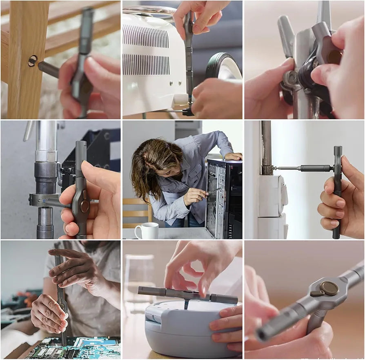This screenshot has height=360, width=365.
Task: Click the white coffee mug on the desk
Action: pyautogui.click(x=146, y=231)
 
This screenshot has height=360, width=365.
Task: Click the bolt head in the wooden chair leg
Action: pyautogui.click(x=32, y=61)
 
